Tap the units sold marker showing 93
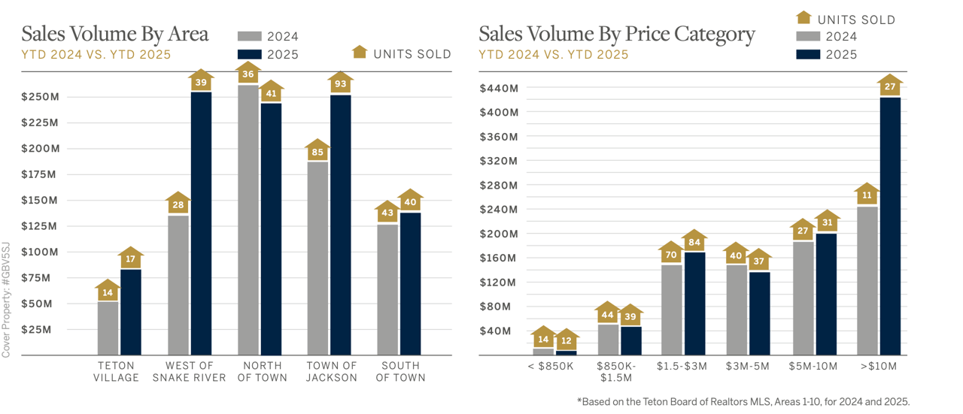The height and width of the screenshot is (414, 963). pos(340,83)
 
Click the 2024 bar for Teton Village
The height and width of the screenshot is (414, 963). pos(108,328)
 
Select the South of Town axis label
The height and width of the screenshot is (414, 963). pos(400,372)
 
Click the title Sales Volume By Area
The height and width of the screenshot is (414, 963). pos(115,34)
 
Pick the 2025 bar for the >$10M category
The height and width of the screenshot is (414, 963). pos(890,225)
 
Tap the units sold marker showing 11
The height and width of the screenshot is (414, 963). pos(867,195)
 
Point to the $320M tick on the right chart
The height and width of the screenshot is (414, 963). pos(499,161)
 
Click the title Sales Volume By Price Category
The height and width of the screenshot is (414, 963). pos(617,34)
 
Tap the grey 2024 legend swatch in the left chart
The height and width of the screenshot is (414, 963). pos(250,36)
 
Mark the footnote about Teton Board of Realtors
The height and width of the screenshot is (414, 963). pos(743,402)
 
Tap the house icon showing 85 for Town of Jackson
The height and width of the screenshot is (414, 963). pos(317,152)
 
